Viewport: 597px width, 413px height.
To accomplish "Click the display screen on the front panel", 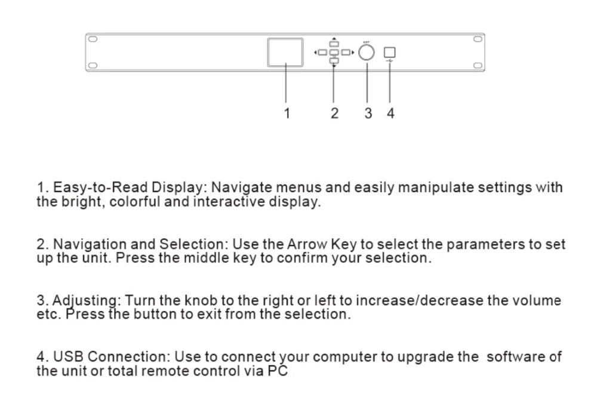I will coord(285,52).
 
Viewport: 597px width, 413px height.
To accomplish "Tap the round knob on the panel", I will coord(367,53).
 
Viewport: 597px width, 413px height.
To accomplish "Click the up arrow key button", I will coord(334,43).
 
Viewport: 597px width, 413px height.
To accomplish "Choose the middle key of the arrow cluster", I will coord(334,53).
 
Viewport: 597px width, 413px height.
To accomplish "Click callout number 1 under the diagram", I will coord(287,113).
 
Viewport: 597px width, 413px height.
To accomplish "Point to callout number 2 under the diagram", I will coord(334,113).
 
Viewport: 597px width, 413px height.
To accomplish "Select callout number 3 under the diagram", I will coord(368,113).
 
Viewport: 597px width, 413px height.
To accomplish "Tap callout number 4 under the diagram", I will coord(390,113).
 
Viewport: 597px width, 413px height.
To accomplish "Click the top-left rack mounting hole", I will coord(93,39).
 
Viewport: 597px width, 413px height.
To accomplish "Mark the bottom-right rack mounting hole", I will coord(477,65).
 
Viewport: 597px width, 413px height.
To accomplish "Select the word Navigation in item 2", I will coord(90,245).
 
